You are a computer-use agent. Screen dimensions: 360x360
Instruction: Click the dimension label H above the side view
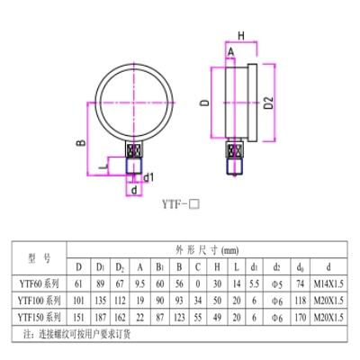[240, 35]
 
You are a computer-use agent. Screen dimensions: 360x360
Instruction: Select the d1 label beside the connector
[149, 176]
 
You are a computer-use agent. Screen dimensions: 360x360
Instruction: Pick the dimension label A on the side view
[230, 53]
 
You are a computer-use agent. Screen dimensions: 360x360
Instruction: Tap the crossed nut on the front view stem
[133, 150]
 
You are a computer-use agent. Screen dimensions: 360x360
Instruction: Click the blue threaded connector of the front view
[133, 166]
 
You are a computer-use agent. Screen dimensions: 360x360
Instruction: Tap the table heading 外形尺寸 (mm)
[208, 251]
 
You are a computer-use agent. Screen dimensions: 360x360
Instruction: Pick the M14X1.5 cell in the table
[328, 284]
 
